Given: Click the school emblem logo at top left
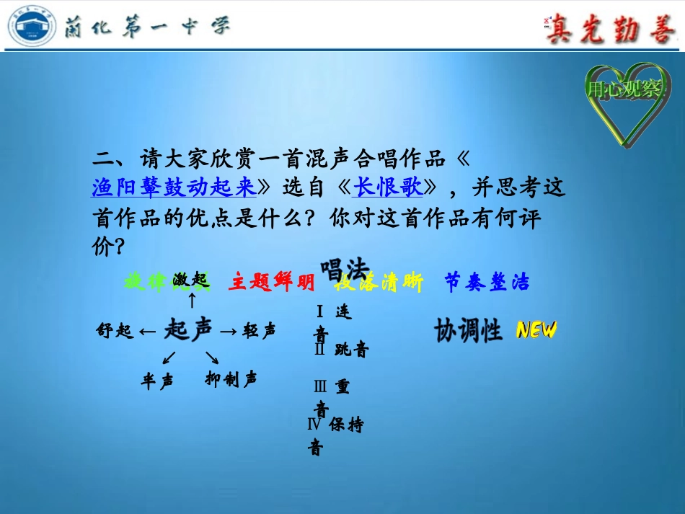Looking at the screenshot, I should pyautogui.click(x=32, y=27).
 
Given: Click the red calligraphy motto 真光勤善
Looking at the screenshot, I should pyautogui.click(x=609, y=30).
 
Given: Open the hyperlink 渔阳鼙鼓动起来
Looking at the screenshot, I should pyautogui.click(x=174, y=187).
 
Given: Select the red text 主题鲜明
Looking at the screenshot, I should pyautogui.click(x=271, y=283).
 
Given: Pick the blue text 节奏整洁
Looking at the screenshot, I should pyautogui.click(x=487, y=283).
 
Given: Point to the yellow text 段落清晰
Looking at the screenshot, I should pyautogui.click(x=379, y=283).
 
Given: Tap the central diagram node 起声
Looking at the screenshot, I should pyautogui.click(x=188, y=330).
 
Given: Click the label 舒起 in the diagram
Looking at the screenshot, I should pyautogui.click(x=115, y=331).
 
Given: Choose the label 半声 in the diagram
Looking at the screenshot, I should pyautogui.click(x=157, y=381).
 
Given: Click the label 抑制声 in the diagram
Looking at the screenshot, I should pyautogui.click(x=231, y=379).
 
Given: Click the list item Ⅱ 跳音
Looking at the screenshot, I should pyautogui.click(x=342, y=350).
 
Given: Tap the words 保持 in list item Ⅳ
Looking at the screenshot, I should pyautogui.click(x=346, y=425).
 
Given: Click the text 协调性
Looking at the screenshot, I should pyautogui.click(x=468, y=330).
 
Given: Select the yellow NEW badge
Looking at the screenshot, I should pyautogui.click(x=536, y=330).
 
